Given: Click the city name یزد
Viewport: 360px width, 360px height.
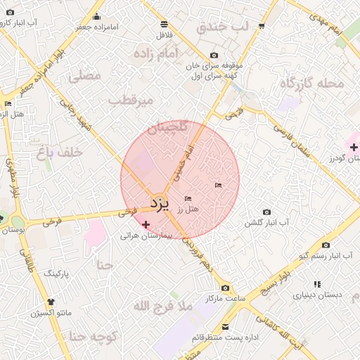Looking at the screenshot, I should (x=160, y=203).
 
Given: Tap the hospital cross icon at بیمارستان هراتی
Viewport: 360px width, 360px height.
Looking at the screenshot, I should (x=146, y=225).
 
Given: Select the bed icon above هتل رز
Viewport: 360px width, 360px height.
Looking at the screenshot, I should (x=188, y=199).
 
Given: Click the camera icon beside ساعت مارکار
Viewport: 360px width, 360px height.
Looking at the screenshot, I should (x=225, y=288).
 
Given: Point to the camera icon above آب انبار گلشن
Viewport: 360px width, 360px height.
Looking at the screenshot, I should (x=266, y=212).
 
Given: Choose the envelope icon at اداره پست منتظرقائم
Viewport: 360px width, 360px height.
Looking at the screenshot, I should (x=225, y=327).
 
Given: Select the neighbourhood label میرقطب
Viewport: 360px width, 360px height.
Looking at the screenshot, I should (x=131, y=101).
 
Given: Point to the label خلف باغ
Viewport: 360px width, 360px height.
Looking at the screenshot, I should (x=60, y=151).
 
